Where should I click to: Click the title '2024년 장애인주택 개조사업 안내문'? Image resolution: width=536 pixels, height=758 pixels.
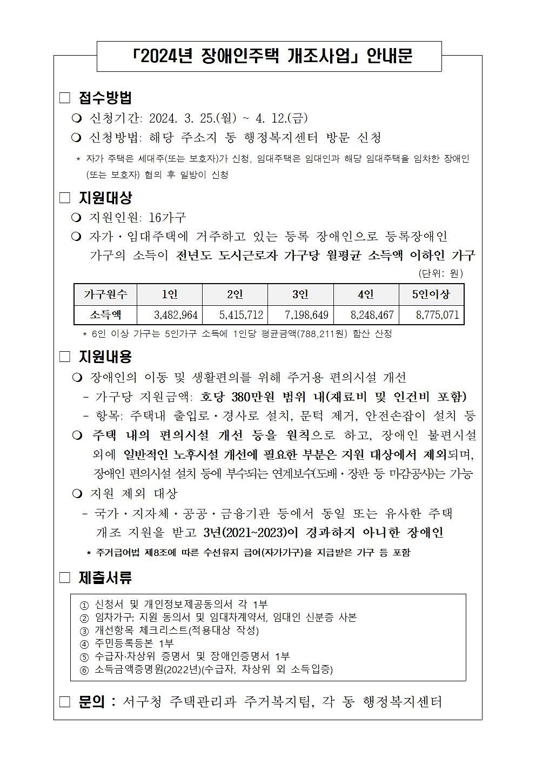[x=269, y=56]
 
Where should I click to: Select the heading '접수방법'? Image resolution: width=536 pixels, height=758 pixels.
[x=105, y=98]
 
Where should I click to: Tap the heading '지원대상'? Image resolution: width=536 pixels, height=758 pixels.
[x=105, y=198]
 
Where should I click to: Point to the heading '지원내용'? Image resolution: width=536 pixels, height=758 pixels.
[x=105, y=357]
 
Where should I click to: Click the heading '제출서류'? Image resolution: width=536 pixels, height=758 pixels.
[x=105, y=578]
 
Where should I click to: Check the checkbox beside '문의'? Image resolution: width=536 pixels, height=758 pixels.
[x=65, y=702]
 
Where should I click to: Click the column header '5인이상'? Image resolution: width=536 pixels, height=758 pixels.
[x=431, y=294]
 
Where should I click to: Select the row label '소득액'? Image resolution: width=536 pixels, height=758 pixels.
[x=105, y=315]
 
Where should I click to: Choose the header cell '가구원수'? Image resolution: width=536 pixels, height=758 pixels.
[x=105, y=294]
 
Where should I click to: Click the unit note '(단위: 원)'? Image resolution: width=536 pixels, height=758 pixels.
[x=440, y=273]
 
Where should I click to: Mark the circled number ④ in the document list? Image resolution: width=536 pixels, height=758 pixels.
[x=84, y=643]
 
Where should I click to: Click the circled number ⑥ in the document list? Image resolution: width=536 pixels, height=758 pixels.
[x=84, y=670]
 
